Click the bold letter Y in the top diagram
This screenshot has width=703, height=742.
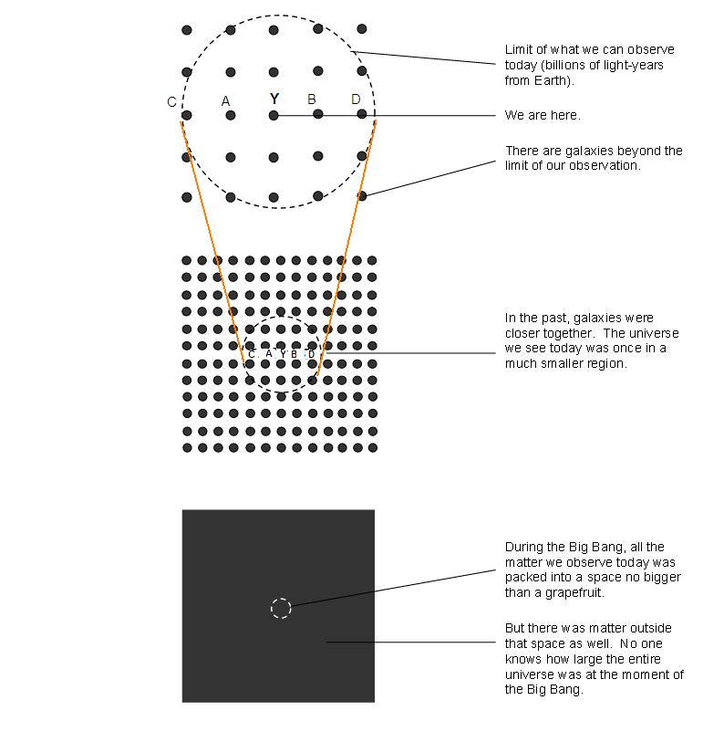(x=274, y=99)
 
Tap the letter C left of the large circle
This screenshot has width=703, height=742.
(x=171, y=101)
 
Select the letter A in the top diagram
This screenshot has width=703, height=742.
(x=225, y=100)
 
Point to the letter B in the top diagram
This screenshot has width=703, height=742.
(x=312, y=99)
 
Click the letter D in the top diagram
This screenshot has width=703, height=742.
(x=356, y=99)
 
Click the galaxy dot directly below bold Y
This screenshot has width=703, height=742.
(x=274, y=115)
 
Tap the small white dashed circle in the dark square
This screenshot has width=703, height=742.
(x=281, y=608)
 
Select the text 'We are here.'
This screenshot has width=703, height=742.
(x=543, y=115)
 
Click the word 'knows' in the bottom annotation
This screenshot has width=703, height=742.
(x=522, y=659)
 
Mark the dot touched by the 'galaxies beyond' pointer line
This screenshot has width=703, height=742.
(x=362, y=196)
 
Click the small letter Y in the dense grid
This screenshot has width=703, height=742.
(x=283, y=353)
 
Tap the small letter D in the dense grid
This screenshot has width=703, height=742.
(x=311, y=354)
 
